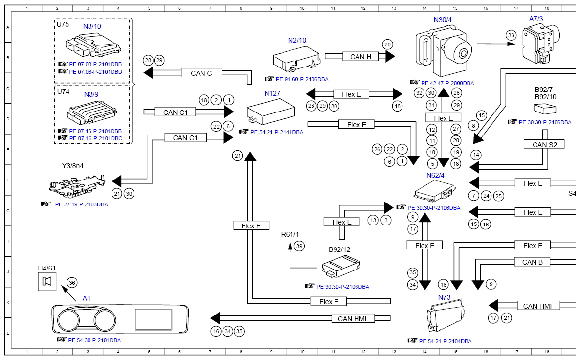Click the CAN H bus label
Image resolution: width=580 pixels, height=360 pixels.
[x=361, y=57]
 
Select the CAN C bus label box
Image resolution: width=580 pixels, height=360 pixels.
[x=201, y=73]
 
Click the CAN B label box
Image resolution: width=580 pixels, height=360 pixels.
[x=532, y=262]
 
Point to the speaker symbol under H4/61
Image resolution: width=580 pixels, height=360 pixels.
[x=47, y=281]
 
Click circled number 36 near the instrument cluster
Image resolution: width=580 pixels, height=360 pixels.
[x=72, y=282]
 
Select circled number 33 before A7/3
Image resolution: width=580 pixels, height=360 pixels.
[x=511, y=35]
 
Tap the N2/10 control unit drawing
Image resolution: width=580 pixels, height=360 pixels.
[x=296, y=60]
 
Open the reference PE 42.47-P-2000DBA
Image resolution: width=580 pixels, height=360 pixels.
[x=447, y=83]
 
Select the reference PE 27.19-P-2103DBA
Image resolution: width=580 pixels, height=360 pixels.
[x=81, y=204]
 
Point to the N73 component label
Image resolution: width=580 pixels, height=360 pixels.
[x=444, y=297]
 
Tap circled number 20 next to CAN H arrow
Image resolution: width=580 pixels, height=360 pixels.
[x=387, y=44]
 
